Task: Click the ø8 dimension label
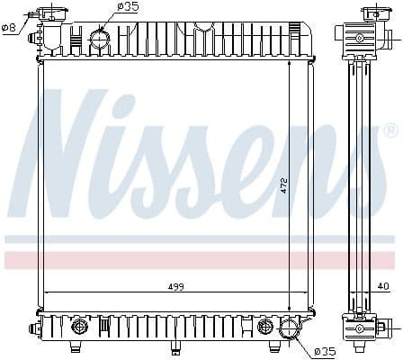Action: coord(10,27)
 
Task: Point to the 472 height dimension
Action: coord(284,184)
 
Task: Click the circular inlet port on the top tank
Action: coord(99,39)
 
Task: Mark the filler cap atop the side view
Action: coord(372,13)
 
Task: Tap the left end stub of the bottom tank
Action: coord(36,325)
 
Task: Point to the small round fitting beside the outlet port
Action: coord(265,326)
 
